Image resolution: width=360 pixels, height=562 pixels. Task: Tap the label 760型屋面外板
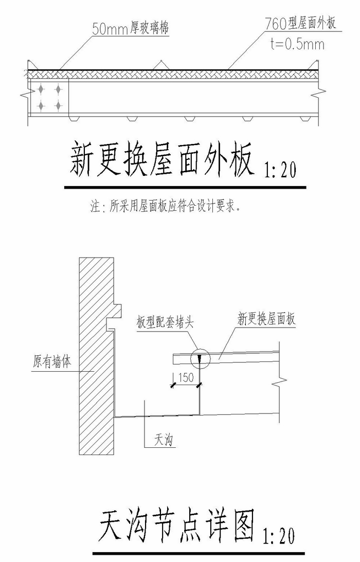click(x=300, y=24)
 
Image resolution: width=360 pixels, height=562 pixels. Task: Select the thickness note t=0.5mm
click(x=298, y=44)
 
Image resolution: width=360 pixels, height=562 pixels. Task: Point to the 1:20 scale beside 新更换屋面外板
click(x=280, y=170)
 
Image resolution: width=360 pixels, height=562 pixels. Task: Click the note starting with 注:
click(x=165, y=207)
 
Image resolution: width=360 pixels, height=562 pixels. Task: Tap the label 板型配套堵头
click(x=165, y=322)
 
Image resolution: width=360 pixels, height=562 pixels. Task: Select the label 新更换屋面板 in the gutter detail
click(x=266, y=319)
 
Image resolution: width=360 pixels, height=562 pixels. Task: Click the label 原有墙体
click(x=52, y=361)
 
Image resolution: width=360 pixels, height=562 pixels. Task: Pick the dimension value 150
click(x=185, y=377)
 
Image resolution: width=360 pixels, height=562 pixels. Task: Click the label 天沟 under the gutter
click(x=164, y=440)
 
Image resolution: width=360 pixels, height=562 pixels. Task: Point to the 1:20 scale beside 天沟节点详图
click(x=279, y=536)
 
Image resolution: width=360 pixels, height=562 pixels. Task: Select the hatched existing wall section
click(x=97, y=355)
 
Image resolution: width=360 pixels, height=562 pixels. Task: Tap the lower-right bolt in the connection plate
click(x=58, y=105)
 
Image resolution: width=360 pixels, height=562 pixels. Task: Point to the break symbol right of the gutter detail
click(x=279, y=382)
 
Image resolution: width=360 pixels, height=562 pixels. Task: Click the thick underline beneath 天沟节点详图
click(x=199, y=553)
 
